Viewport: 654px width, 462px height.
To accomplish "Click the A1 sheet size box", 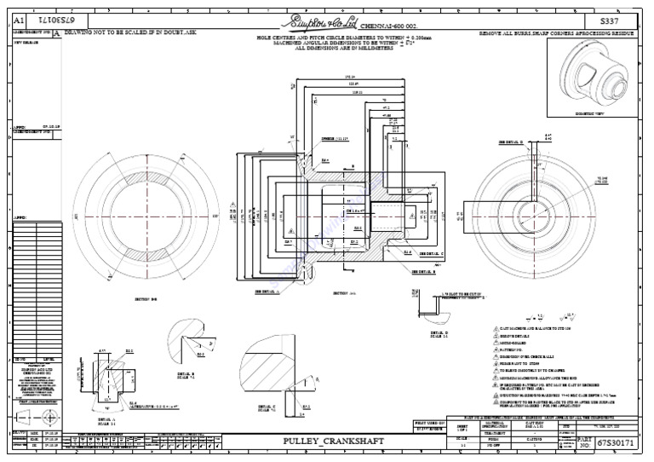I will tap(19, 19).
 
